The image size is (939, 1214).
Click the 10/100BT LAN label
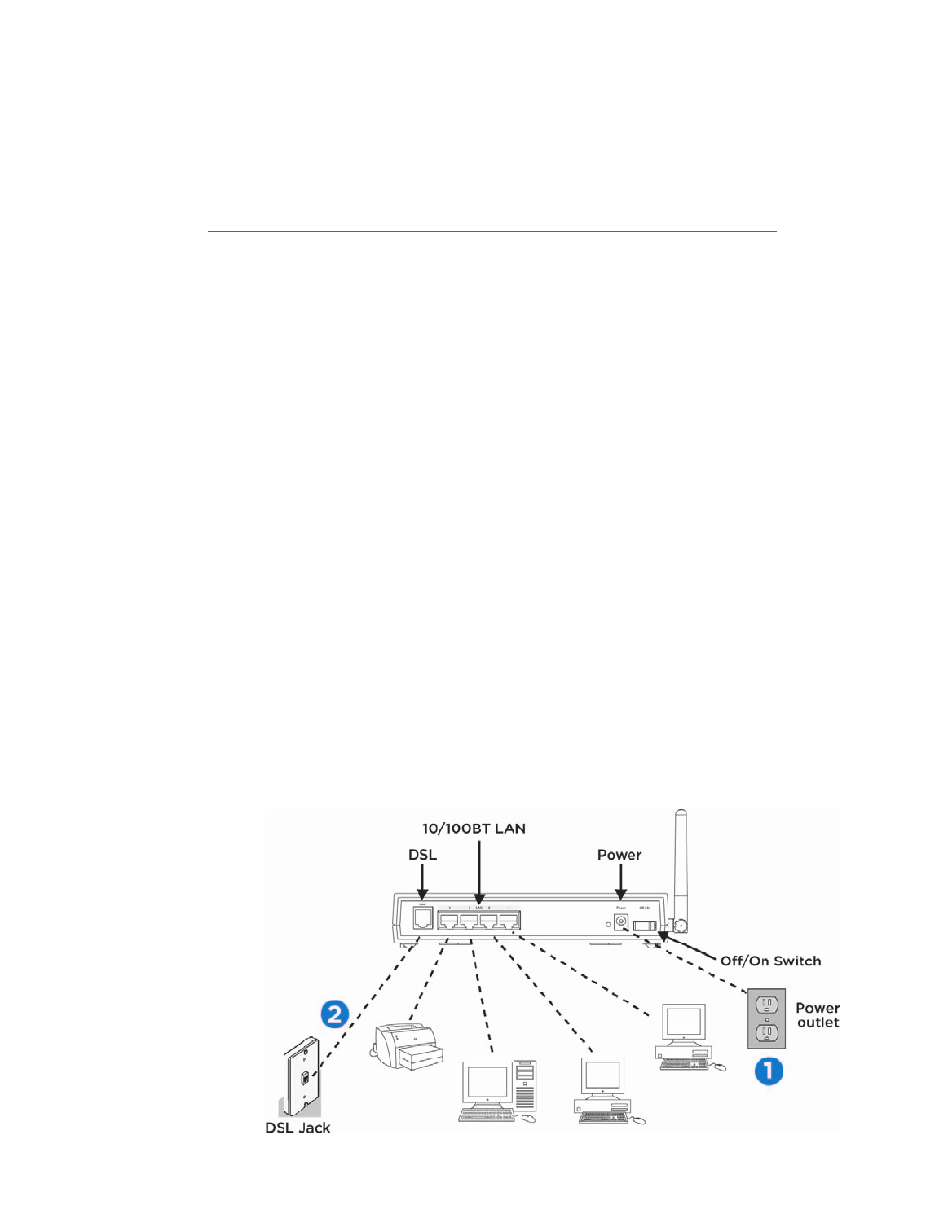pos(474,829)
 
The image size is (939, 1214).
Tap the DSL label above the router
pos(422,855)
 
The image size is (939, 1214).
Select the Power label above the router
pos(619,855)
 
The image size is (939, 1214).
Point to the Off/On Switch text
pos(770,961)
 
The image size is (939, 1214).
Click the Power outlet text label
pos(818,1015)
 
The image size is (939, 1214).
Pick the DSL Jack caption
pos(298,1128)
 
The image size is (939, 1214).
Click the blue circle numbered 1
pos(769,1071)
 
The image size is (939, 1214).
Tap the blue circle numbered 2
pos(334,1014)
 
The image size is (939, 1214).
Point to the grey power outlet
pos(766,1018)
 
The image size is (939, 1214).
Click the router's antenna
pos(681,864)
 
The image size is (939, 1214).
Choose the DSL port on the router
pos(422,918)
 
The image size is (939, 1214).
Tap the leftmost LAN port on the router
pos(448,921)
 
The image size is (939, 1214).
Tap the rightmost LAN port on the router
pos(509,921)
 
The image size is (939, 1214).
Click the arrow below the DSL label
pos(422,882)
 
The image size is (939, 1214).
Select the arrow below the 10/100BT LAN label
pos(479,872)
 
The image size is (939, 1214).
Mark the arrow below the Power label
pos(620,882)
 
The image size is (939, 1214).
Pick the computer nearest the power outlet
pos(685,1037)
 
